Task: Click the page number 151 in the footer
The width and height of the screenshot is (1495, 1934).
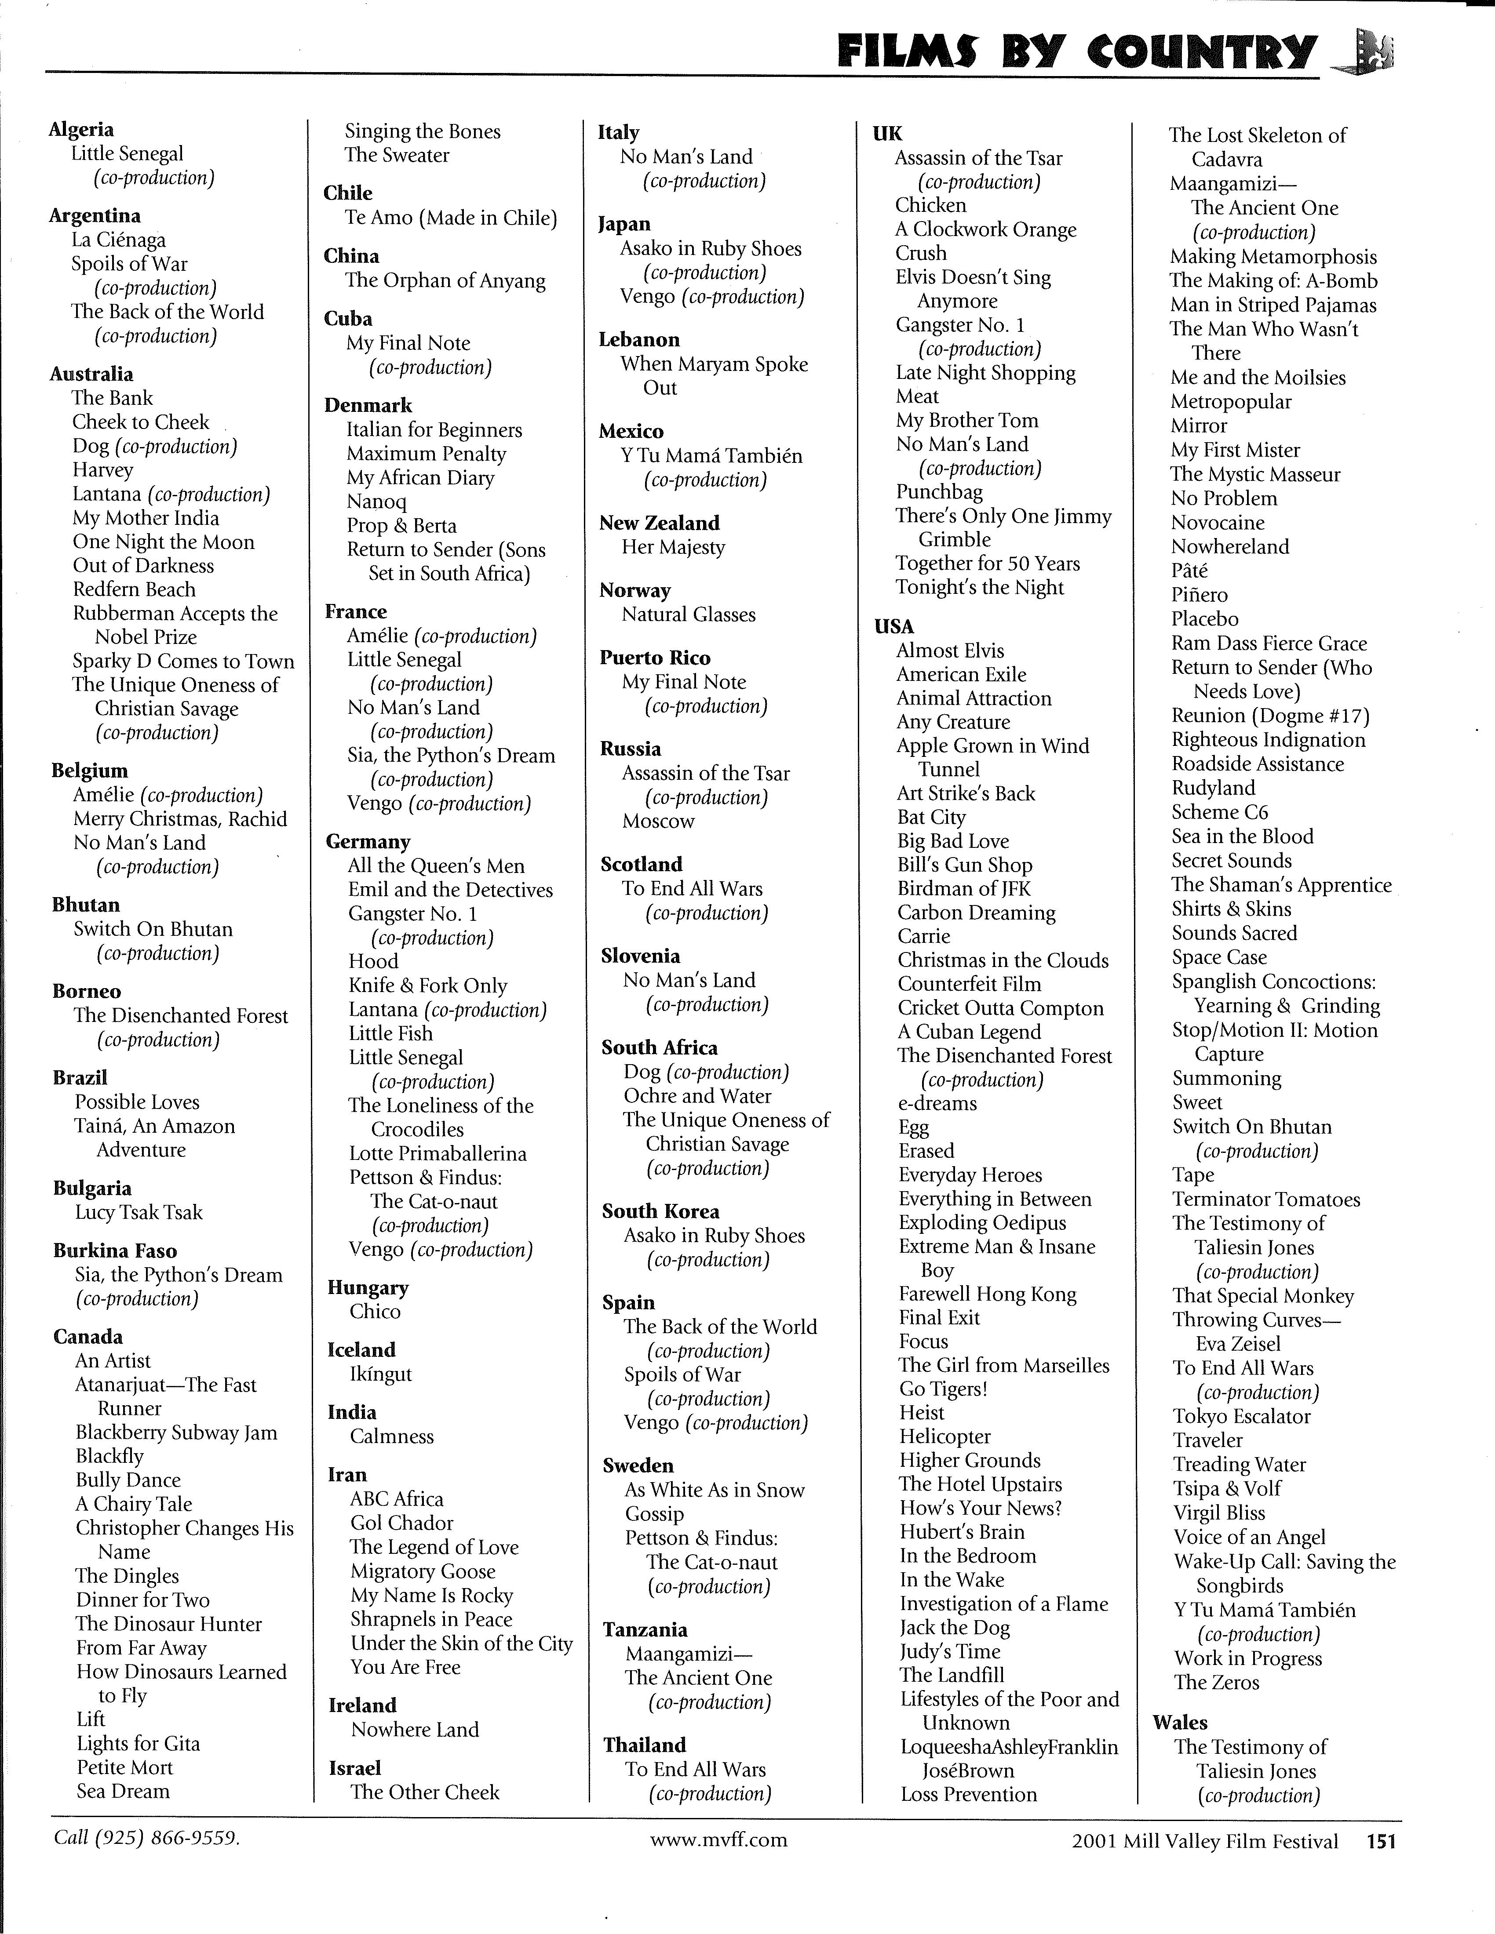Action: (x=1381, y=1841)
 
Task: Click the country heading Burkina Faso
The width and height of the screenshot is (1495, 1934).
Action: (x=115, y=1251)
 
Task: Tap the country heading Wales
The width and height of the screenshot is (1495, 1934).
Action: (x=1180, y=1722)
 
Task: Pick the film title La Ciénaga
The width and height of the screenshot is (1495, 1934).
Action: (x=119, y=240)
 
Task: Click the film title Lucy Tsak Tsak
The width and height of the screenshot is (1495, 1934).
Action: (x=139, y=1212)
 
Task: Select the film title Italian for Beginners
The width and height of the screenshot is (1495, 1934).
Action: (x=434, y=430)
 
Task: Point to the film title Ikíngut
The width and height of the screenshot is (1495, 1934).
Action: (x=381, y=1374)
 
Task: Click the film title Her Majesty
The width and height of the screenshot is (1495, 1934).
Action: (x=673, y=547)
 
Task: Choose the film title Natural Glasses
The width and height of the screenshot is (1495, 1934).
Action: (x=688, y=614)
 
